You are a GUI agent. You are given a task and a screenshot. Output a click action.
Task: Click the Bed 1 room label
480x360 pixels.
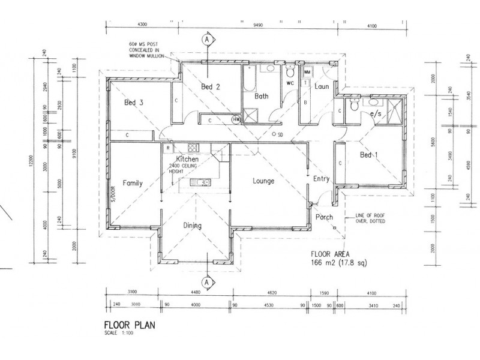pos(367,155)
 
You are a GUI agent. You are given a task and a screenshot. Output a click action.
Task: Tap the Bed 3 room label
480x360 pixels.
pos(133,103)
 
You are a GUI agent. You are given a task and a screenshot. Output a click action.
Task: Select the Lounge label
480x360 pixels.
pos(263,181)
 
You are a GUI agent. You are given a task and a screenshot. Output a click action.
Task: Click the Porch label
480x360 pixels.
pos(324,217)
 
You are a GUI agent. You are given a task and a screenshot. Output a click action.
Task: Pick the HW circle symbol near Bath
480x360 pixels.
pos(236,119)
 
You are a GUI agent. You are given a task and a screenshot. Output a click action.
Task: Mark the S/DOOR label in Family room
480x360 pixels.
pos(112,194)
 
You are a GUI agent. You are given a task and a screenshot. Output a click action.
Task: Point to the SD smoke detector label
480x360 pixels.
pos(280,134)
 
